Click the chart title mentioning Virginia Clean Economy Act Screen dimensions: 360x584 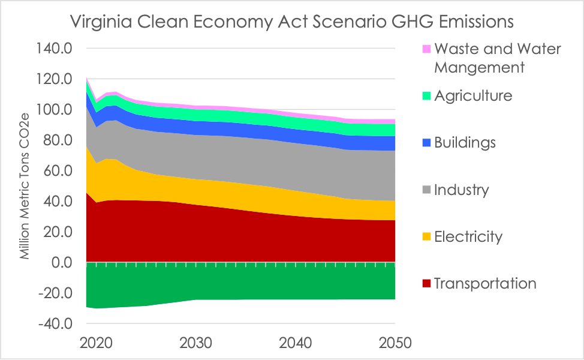pyautogui.click(x=292, y=22)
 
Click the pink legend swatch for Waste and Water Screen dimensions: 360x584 pyautogui.click(x=426, y=49)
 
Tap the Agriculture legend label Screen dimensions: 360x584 pyautogui.click(x=473, y=95)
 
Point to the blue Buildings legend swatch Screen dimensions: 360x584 pyautogui.click(x=426, y=143)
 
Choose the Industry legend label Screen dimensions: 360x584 pyautogui.click(x=461, y=190)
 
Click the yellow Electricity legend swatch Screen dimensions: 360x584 pyautogui.click(x=426, y=237)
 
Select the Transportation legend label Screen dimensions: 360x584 pyautogui.click(x=484, y=283)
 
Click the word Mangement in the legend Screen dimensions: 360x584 pyautogui.click(x=479, y=67)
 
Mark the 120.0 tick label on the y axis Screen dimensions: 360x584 pyautogui.click(x=56, y=79)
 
